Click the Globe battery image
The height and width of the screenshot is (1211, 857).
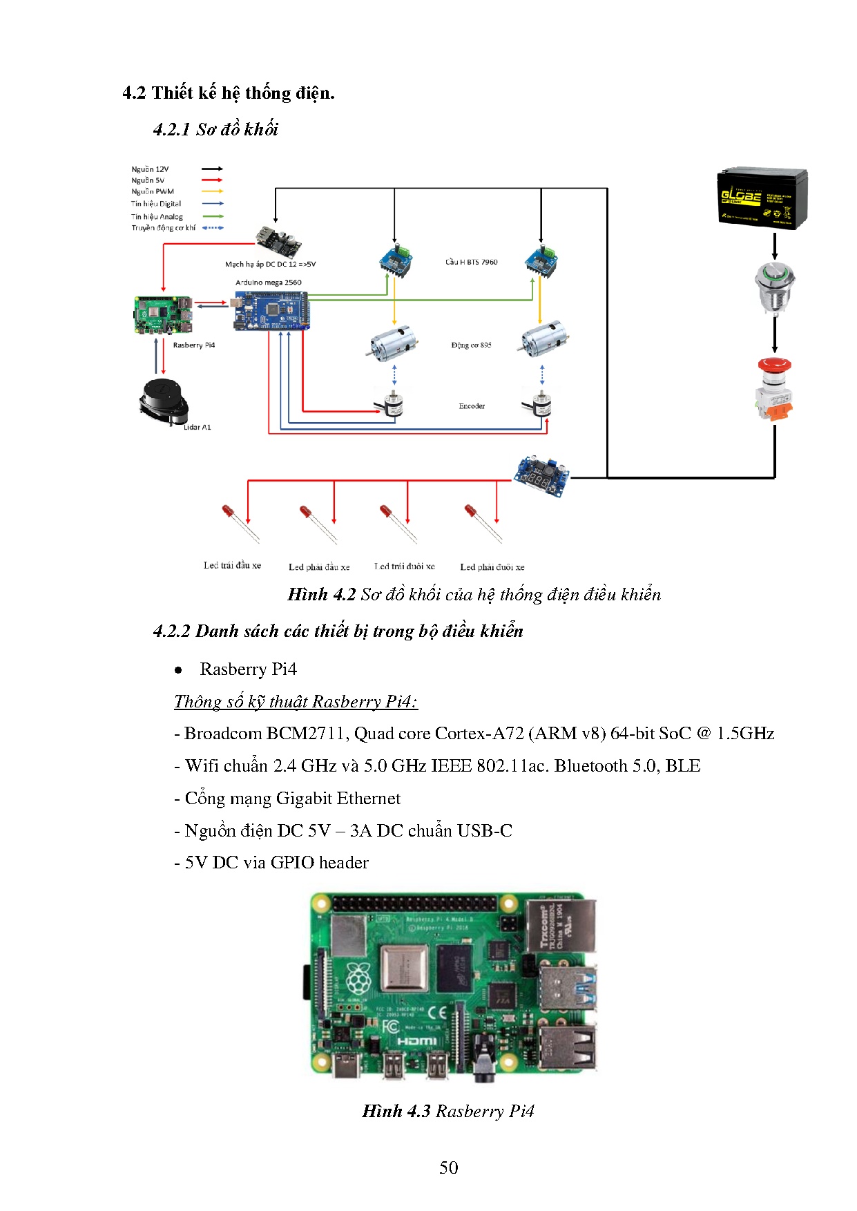tap(762, 198)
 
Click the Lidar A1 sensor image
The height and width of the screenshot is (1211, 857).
tap(164, 402)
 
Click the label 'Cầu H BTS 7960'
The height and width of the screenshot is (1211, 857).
tap(471, 262)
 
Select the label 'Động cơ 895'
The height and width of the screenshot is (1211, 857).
tap(471, 345)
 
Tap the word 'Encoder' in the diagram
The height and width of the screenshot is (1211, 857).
tap(472, 406)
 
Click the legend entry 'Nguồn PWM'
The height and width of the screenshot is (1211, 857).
tap(153, 191)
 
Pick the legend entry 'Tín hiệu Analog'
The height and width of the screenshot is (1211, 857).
tap(157, 216)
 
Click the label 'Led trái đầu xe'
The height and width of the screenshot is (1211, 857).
tap(232, 565)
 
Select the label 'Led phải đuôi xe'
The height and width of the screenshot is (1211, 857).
tap(492, 567)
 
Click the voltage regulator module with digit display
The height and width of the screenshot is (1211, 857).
tap(541, 474)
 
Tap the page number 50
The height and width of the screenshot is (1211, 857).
tap(448, 1167)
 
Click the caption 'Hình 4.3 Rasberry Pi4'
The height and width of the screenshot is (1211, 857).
tap(448, 1111)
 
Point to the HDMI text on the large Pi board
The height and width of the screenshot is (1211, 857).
tap(416, 1041)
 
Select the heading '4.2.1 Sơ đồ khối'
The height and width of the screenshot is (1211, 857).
tap(215, 129)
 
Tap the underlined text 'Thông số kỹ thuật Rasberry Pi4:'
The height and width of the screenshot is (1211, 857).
tap(296, 701)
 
